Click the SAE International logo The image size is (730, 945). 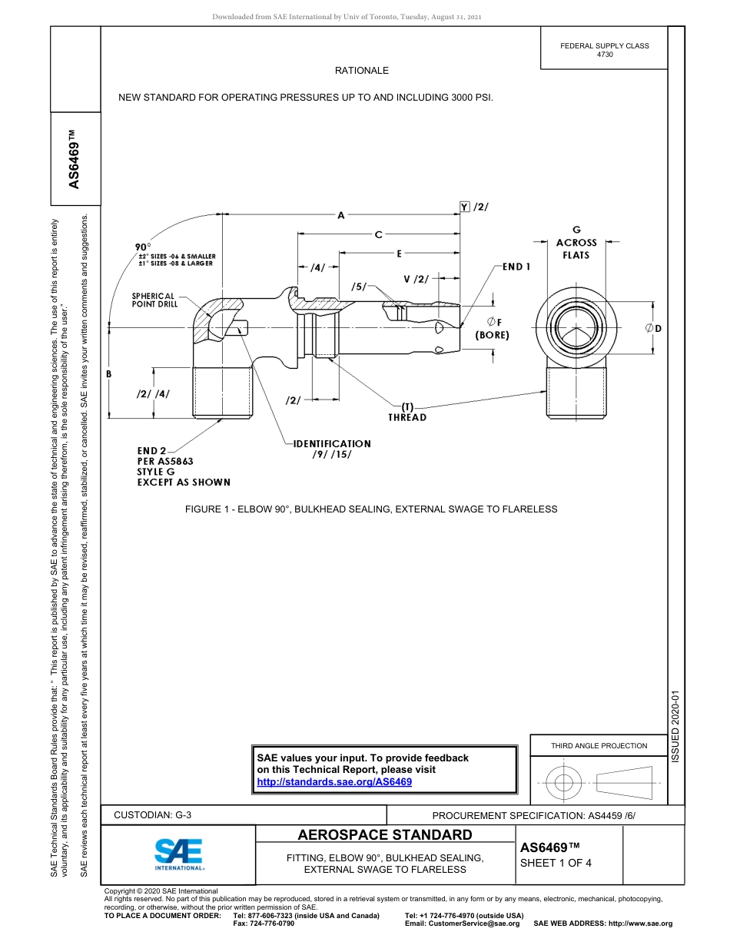(x=179, y=853)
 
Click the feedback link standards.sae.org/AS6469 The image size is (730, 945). (x=334, y=781)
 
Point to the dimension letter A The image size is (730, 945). (x=341, y=216)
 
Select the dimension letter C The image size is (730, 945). (x=378, y=234)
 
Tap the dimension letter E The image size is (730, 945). (x=400, y=253)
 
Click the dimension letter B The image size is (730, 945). (x=109, y=373)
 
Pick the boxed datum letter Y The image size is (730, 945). (x=464, y=207)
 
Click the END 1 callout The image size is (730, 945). (x=517, y=267)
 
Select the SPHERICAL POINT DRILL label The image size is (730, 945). (x=154, y=300)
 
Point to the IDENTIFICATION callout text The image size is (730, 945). (x=332, y=443)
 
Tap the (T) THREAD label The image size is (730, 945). (x=407, y=412)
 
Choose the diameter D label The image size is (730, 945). (x=654, y=329)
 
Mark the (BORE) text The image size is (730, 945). (x=492, y=335)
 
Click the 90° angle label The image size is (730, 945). (x=143, y=247)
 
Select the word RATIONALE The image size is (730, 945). (x=362, y=71)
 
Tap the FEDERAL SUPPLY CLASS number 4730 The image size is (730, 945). (x=605, y=55)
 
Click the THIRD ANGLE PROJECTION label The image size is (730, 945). (x=599, y=745)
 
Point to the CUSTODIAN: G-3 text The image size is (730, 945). (x=152, y=815)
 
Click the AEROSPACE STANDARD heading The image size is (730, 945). (x=385, y=835)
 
